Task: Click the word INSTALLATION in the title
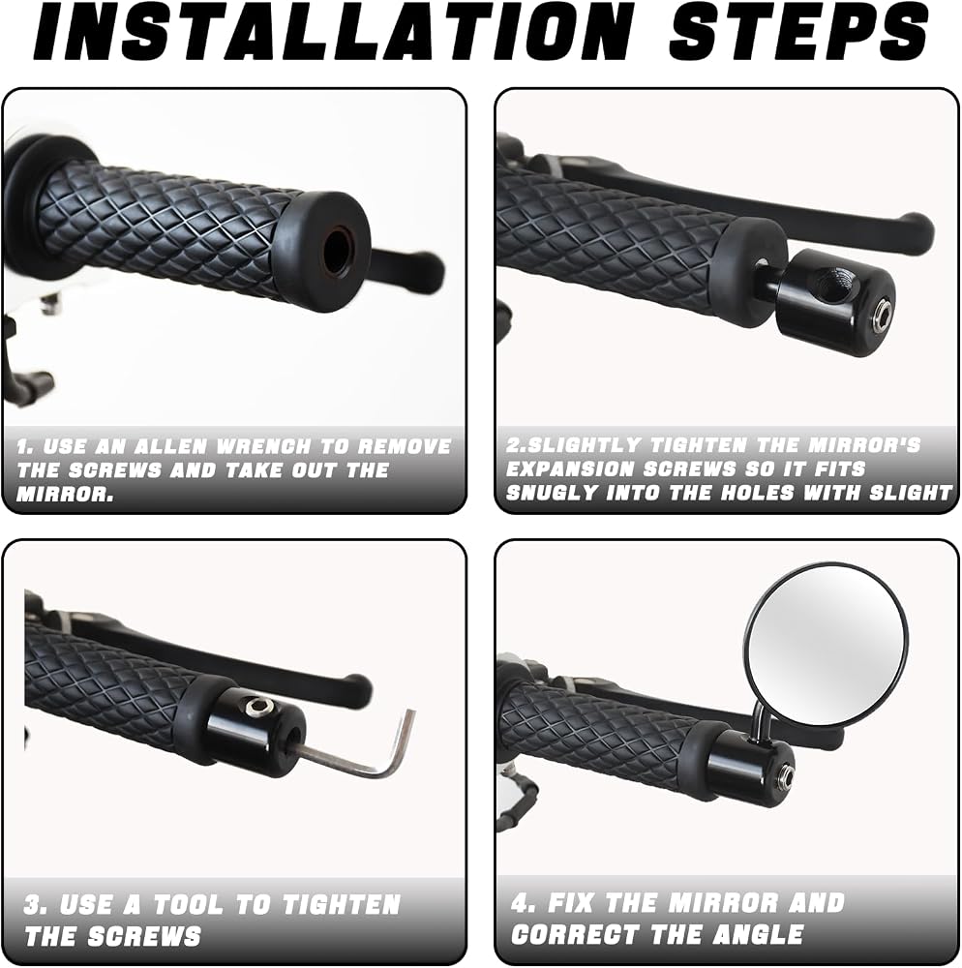point(334,31)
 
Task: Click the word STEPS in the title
point(798,31)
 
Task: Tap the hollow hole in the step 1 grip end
point(338,251)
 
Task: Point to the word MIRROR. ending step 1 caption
point(66,494)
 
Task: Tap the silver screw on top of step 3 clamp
point(256,706)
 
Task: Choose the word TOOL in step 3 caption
point(191,905)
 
